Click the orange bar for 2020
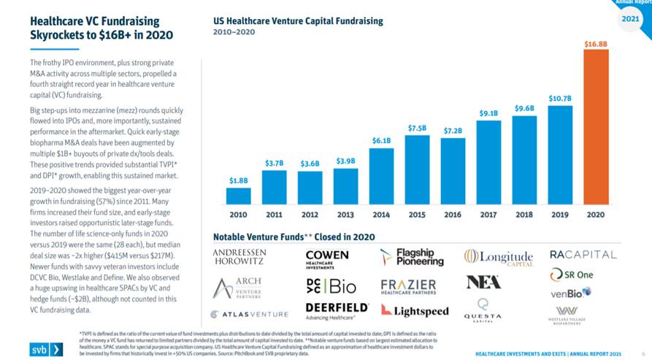(595, 127)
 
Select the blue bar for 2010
(239, 196)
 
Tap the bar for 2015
(417, 169)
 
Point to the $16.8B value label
(595, 45)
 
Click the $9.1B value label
(488, 113)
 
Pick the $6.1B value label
(381, 140)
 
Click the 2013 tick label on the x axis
(345, 215)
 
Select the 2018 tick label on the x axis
(524, 215)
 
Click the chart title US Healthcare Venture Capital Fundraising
(298, 21)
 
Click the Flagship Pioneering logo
(413, 257)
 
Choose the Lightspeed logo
(413, 311)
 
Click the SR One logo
(575, 275)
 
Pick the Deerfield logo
(337, 310)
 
